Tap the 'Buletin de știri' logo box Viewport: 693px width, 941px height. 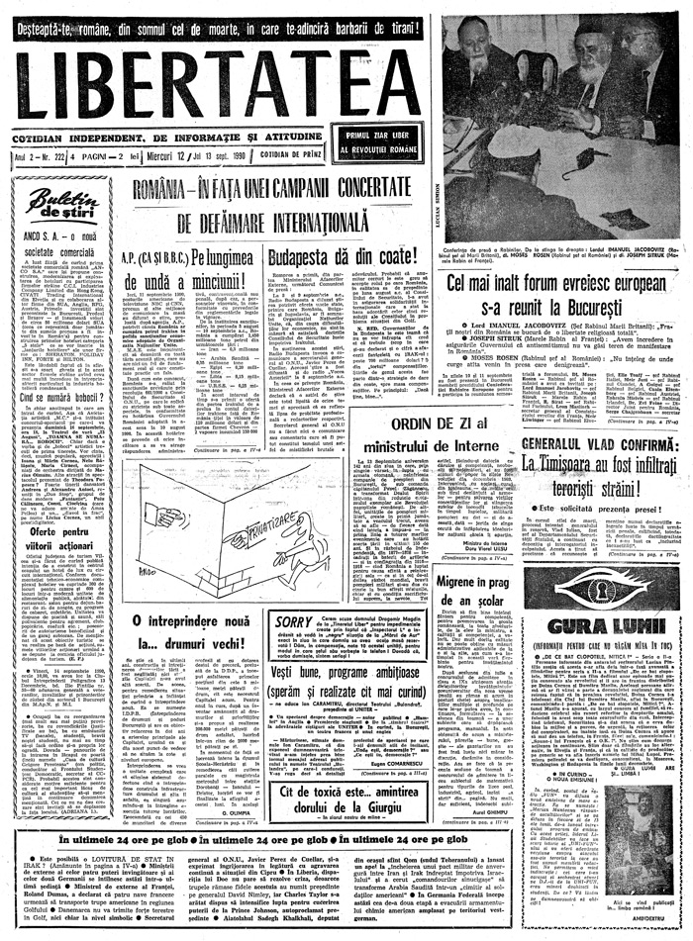pyautogui.click(x=64, y=205)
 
